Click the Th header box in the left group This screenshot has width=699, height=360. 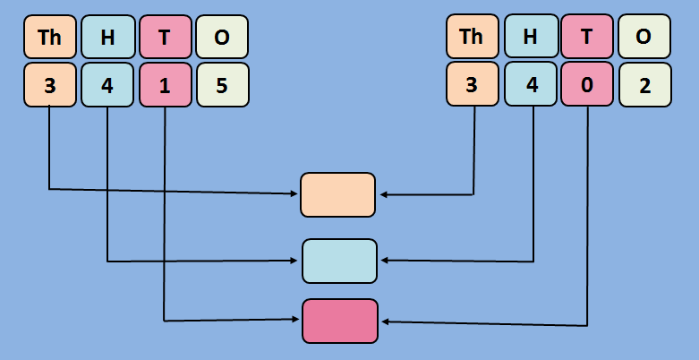tap(49, 37)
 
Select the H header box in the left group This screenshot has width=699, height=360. tap(107, 37)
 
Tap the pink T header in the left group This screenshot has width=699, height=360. tap(166, 37)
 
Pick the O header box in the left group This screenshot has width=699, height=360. tap(222, 37)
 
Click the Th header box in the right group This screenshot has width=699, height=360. tap(472, 37)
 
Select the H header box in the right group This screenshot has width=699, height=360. tap(531, 37)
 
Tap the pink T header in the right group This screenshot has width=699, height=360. tap(587, 37)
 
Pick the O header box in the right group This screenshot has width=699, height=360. tap(644, 37)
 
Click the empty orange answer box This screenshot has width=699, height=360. tap(337, 194)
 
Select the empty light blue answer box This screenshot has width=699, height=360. tap(339, 261)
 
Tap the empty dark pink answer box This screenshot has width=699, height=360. tap(340, 321)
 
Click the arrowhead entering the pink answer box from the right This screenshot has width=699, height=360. tap(385, 322)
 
